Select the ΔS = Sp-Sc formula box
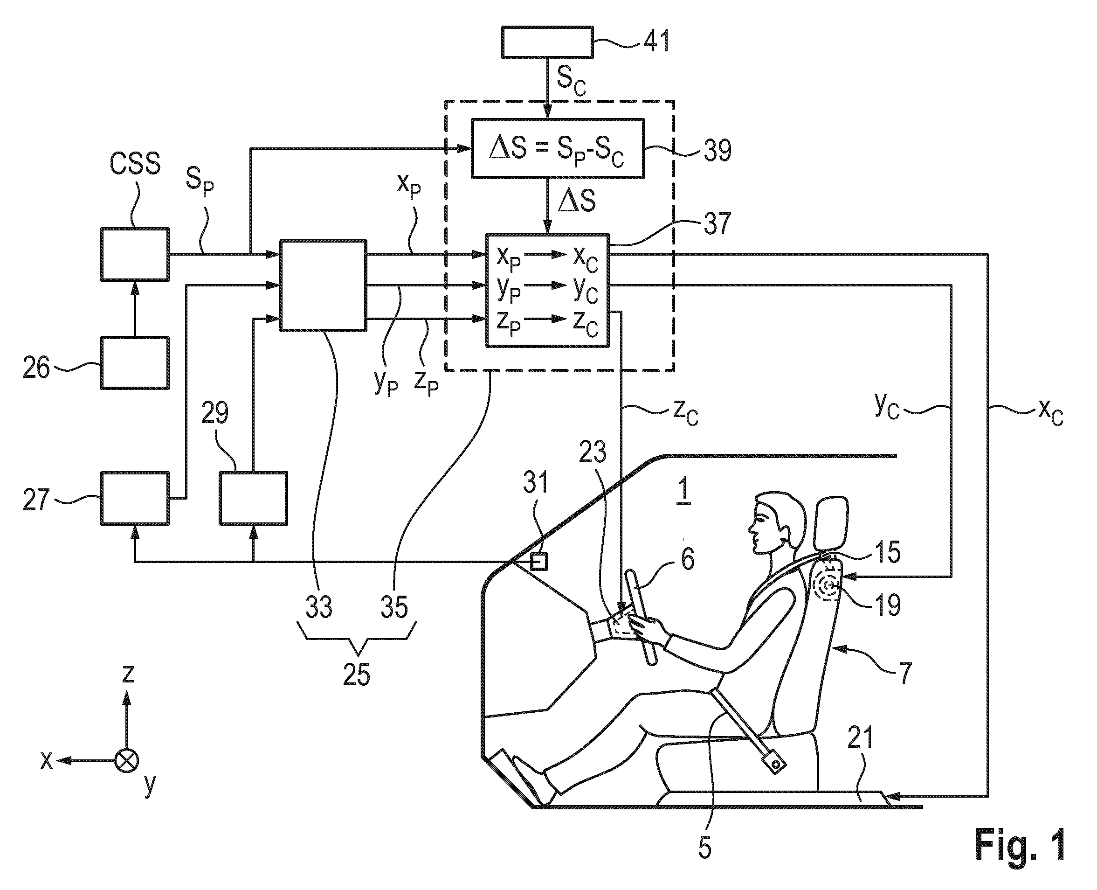click(558, 149)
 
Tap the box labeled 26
click(135, 362)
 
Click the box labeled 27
click(135, 498)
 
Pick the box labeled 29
click(253, 498)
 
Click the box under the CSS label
click(135, 254)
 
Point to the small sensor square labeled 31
click(539, 562)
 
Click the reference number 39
click(717, 150)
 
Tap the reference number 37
click(717, 223)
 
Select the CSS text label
click(135, 164)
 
